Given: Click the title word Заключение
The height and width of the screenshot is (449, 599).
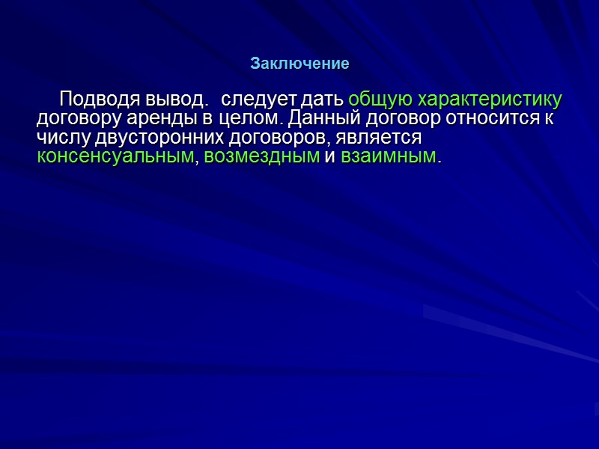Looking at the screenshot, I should (x=299, y=64).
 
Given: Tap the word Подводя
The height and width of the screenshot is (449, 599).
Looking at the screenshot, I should (x=94, y=100).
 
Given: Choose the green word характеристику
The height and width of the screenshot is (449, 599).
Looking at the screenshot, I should (x=490, y=100).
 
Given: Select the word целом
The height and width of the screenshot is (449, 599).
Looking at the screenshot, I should (x=246, y=119).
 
